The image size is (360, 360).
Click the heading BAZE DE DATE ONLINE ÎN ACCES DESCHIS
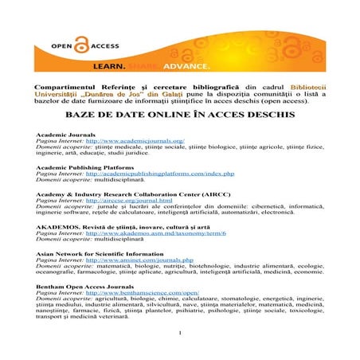coord(179,115)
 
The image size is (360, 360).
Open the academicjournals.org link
coord(140,141)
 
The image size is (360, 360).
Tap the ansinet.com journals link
coord(139,260)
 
